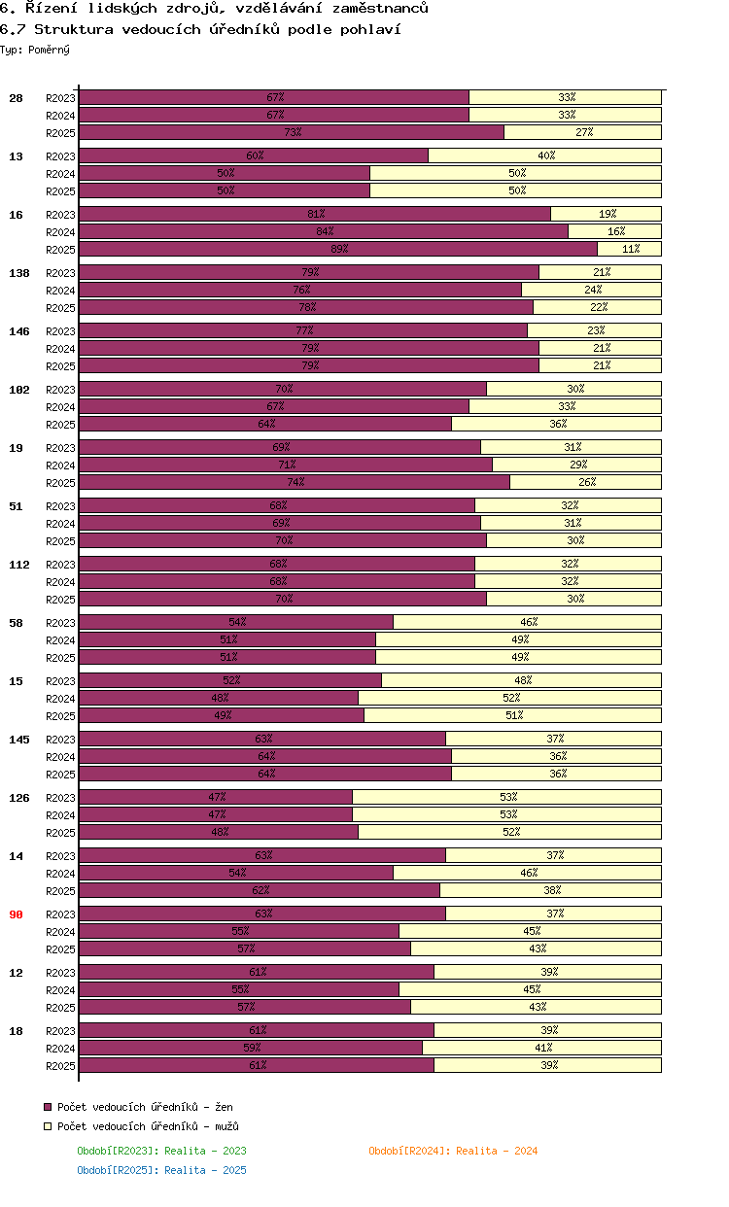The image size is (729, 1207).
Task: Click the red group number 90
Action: click(x=16, y=914)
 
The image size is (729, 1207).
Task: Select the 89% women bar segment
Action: click(x=338, y=249)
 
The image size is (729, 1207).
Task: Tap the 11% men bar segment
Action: click(x=630, y=249)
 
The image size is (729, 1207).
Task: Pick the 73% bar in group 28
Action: click(x=292, y=132)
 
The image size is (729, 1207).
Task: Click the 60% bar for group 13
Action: click(x=254, y=155)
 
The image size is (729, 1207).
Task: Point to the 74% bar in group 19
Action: click(x=295, y=482)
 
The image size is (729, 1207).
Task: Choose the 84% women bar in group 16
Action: click(x=324, y=231)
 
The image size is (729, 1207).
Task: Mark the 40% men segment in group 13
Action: click(x=545, y=155)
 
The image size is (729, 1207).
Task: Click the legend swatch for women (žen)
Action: click(x=48, y=1107)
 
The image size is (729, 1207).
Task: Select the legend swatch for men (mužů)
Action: click(x=48, y=1126)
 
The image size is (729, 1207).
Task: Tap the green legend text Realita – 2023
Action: click(x=161, y=1151)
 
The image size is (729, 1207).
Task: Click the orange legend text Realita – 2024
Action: click(x=453, y=1151)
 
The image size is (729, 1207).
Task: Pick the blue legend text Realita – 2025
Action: click(x=161, y=1170)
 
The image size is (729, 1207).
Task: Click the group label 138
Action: click(x=19, y=273)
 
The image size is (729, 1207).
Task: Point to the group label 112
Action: click(x=19, y=565)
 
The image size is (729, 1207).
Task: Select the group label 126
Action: click(x=19, y=798)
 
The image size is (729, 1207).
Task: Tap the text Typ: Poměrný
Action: click(x=35, y=49)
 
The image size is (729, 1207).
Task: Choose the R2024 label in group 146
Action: click(x=60, y=349)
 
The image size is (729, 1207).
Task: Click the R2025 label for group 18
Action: click(x=60, y=1066)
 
